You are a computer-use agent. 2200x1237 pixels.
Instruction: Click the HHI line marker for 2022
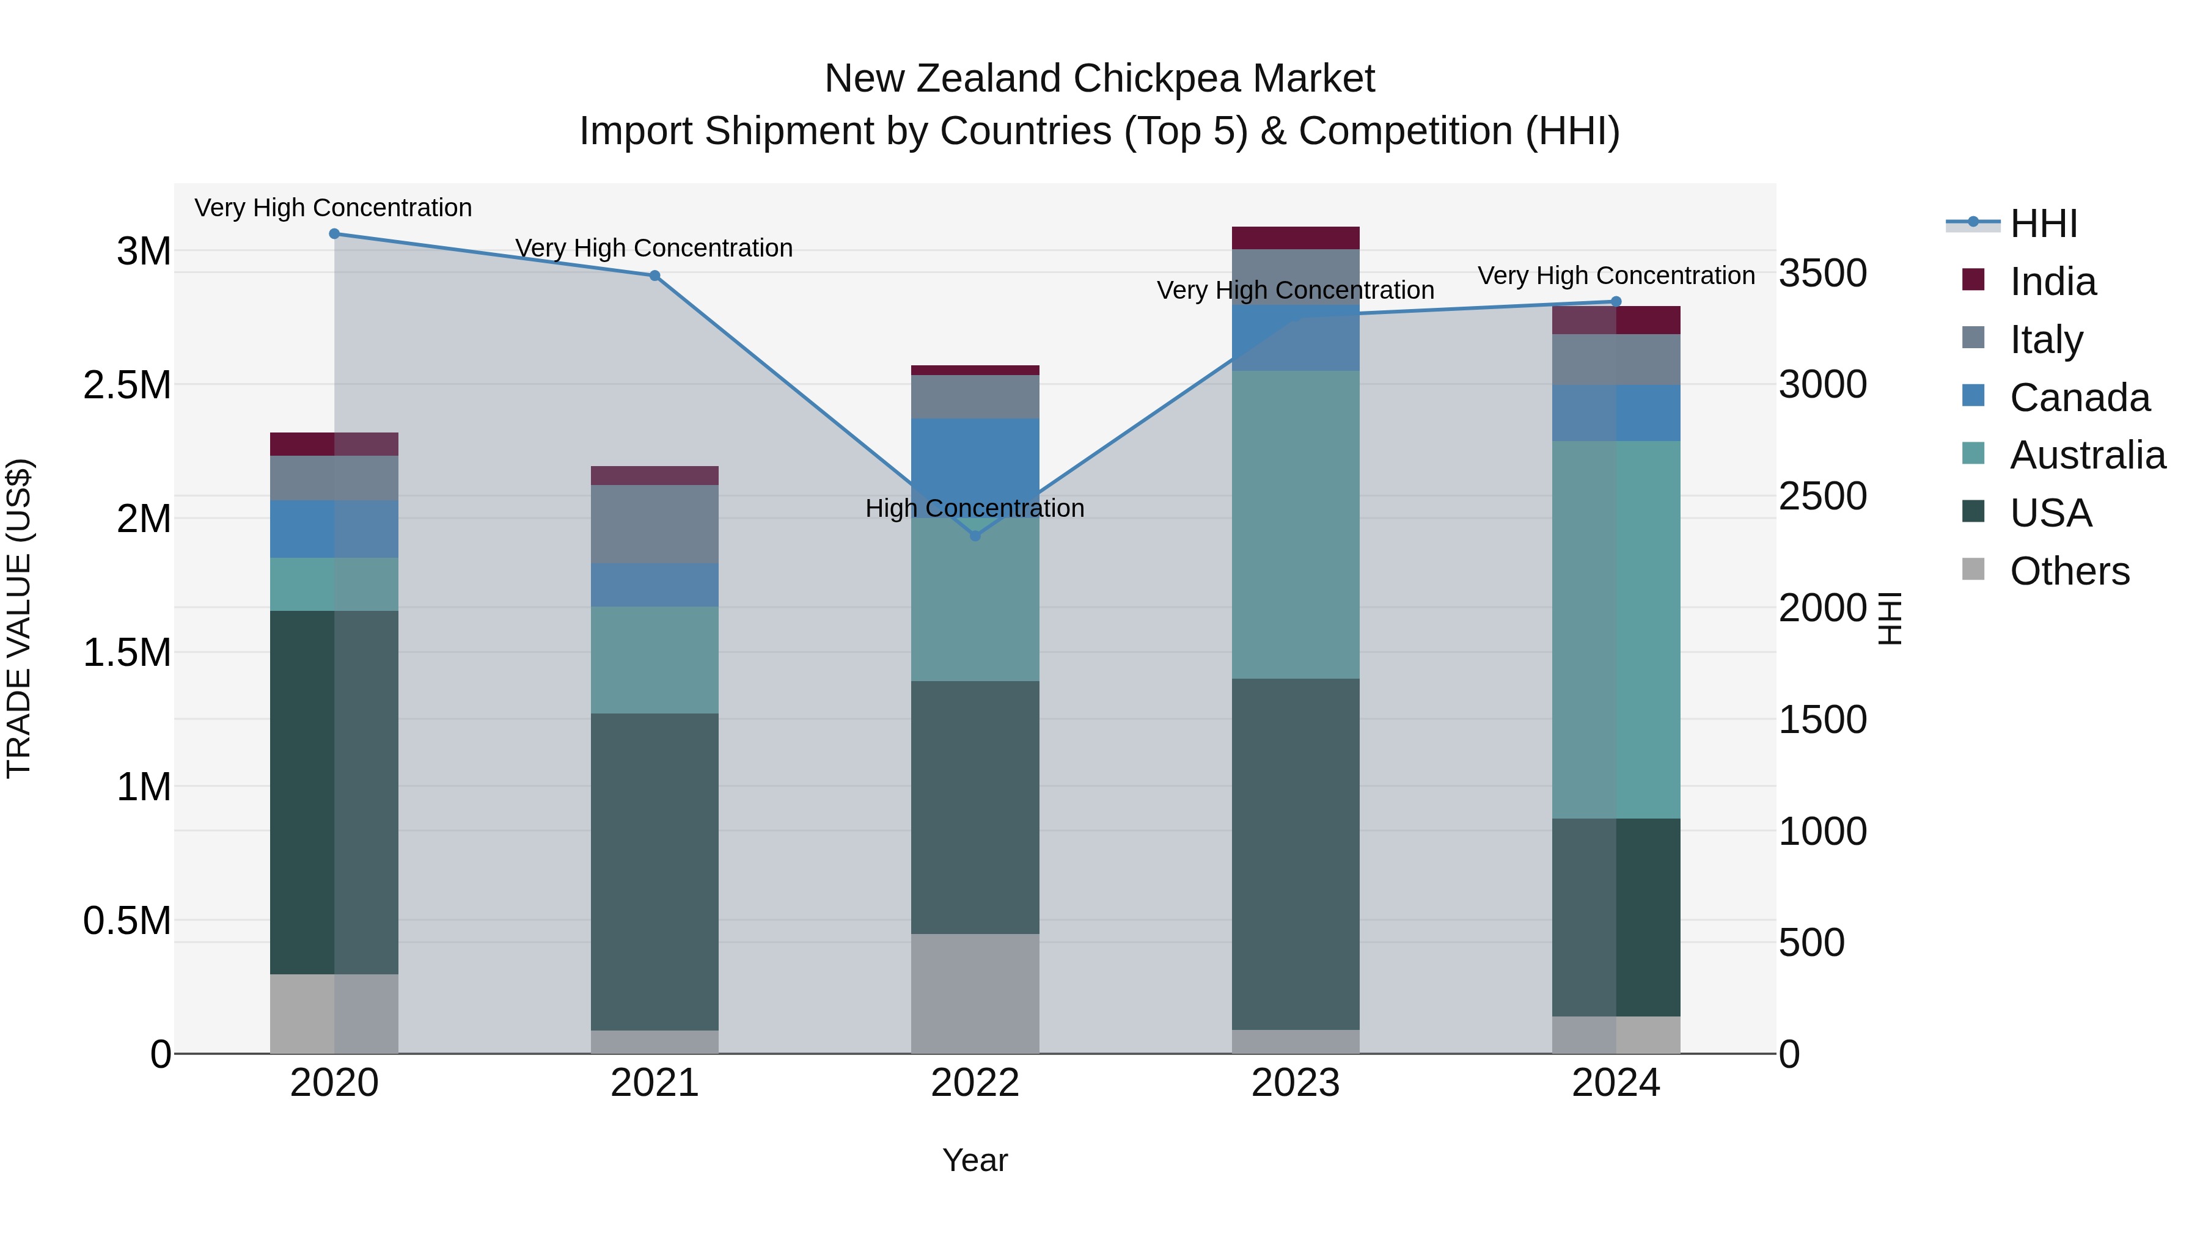pyautogui.click(x=975, y=535)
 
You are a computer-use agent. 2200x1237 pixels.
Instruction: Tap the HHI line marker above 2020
pyautogui.click(x=334, y=233)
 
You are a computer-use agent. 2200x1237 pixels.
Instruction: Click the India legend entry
pyautogui.click(x=2051, y=281)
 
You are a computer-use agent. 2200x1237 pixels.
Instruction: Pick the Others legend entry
pyautogui.click(x=2069, y=571)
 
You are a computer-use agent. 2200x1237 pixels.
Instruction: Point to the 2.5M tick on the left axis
pyautogui.click(x=127, y=385)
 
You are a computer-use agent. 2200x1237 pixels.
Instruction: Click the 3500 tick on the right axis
pyautogui.click(x=1822, y=273)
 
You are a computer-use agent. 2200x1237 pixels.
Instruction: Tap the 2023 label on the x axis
pyautogui.click(x=1295, y=1082)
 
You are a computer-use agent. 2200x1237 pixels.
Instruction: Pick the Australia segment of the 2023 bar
pyautogui.click(x=1295, y=524)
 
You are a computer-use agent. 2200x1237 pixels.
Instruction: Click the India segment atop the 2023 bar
pyautogui.click(x=1295, y=238)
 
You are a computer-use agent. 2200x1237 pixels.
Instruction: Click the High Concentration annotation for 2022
pyautogui.click(x=975, y=508)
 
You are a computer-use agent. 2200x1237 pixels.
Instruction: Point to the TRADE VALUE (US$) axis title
pyautogui.click(x=19, y=618)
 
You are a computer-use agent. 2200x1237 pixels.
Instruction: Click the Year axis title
pyautogui.click(x=975, y=1160)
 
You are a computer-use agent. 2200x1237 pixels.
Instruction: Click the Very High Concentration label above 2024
pyautogui.click(x=1616, y=275)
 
